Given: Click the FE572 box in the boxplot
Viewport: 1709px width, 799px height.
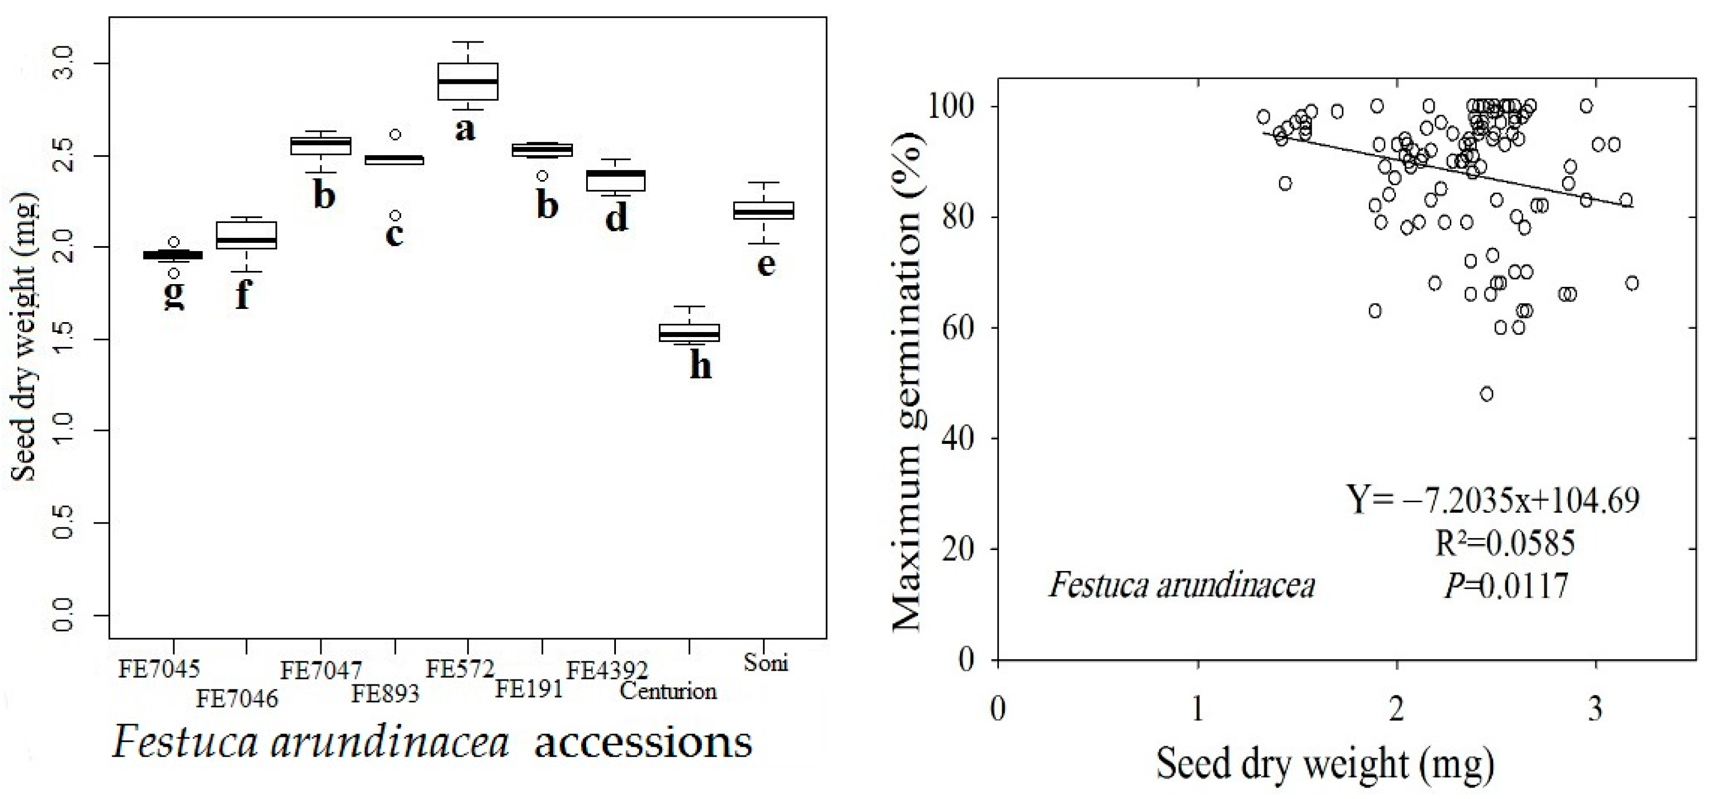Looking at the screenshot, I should (x=468, y=81).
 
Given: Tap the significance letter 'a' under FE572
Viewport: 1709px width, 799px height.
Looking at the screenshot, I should (x=465, y=129).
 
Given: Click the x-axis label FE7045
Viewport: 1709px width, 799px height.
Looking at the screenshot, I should (x=159, y=669).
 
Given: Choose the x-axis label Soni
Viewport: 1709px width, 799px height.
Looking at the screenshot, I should (x=766, y=662).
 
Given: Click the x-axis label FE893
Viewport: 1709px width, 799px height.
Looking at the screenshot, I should (x=385, y=694).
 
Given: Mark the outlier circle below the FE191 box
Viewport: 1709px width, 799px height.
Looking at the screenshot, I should (x=542, y=176).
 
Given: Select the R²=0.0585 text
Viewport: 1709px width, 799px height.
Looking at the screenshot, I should (x=1504, y=544).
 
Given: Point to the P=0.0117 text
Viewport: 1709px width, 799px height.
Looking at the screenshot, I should (x=1506, y=586).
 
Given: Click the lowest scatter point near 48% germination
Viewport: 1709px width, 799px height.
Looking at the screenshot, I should (x=1487, y=394).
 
